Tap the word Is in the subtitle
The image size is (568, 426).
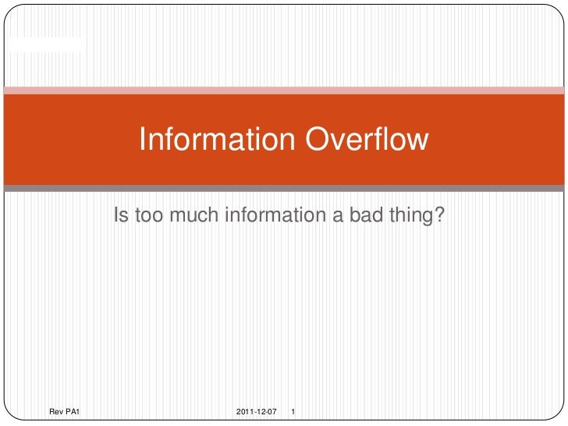121,215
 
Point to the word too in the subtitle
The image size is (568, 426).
151,215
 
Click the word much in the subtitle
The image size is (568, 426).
195,215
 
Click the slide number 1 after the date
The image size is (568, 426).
292,410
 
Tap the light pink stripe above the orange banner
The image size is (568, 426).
284,91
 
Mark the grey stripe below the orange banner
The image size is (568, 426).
284,188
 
